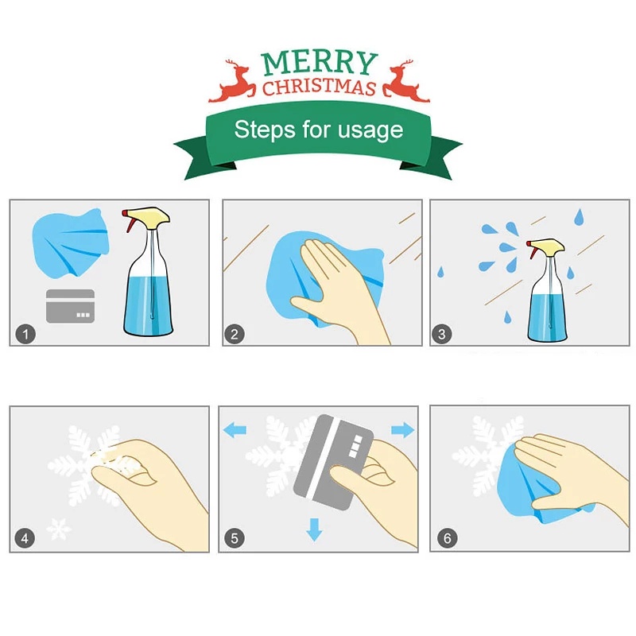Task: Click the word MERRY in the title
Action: click(320, 63)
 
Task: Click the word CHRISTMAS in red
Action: click(319, 87)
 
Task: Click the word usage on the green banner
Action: click(370, 130)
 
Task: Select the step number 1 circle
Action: click(25, 334)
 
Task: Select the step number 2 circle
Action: click(235, 334)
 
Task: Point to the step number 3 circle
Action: click(442, 334)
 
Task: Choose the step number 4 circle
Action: click(25, 538)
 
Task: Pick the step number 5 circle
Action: click(235, 538)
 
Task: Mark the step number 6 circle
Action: click(448, 538)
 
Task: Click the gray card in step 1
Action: click(71, 306)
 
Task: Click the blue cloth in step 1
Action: click(71, 243)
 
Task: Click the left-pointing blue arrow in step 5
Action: click(235, 429)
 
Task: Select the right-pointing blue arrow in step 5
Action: click(403, 429)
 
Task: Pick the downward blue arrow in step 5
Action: click(314, 529)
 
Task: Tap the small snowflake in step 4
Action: click(59, 529)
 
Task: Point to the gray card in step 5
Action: click(333, 462)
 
